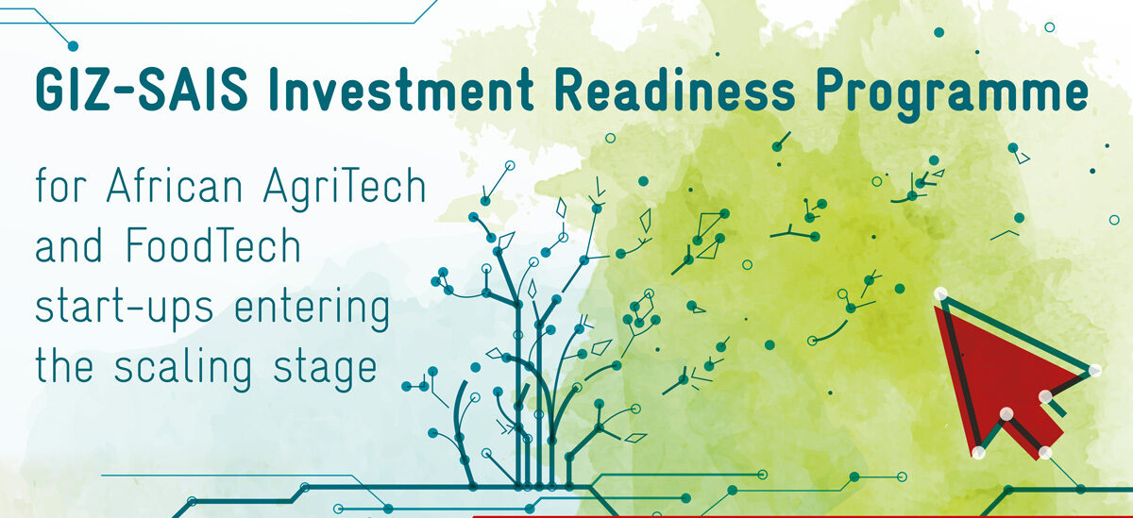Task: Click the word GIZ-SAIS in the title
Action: [x=142, y=89]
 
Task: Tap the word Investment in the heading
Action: [x=401, y=89]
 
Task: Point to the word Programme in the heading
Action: [x=953, y=94]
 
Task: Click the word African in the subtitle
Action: [x=175, y=185]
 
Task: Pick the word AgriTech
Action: [x=345, y=188]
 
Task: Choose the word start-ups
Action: [x=125, y=309]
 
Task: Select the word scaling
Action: [x=182, y=368]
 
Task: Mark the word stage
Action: [x=325, y=370]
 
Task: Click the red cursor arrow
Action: [x=1006, y=374]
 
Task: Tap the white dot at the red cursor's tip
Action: [x=940, y=293]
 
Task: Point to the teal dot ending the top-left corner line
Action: [x=73, y=46]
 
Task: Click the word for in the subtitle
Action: [x=60, y=185]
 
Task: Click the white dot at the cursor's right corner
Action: [x=1094, y=371]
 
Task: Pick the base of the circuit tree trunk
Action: [x=534, y=487]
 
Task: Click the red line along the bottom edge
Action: [x=803, y=516]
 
